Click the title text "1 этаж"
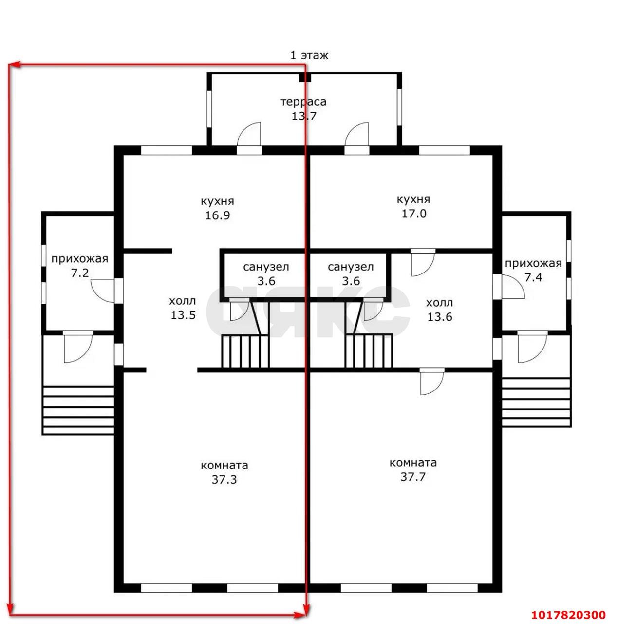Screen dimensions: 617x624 coord(309,55)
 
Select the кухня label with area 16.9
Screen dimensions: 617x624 coord(217,201)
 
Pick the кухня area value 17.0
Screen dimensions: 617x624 coord(414,214)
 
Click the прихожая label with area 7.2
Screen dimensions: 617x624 coord(79,259)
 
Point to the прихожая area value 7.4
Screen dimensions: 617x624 coord(533,277)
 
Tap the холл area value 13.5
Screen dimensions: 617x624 coord(183,315)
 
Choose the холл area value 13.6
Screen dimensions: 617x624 coord(440,316)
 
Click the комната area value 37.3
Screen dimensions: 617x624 coord(224,479)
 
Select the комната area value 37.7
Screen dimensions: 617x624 coord(412,477)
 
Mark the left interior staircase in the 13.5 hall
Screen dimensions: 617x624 coord(245,351)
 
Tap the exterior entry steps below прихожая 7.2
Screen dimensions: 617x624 coord(78,410)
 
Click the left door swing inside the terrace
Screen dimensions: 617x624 coord(249,134)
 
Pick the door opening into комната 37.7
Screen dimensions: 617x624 coord(432,382)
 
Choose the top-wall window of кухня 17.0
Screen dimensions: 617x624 coord(444,150)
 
